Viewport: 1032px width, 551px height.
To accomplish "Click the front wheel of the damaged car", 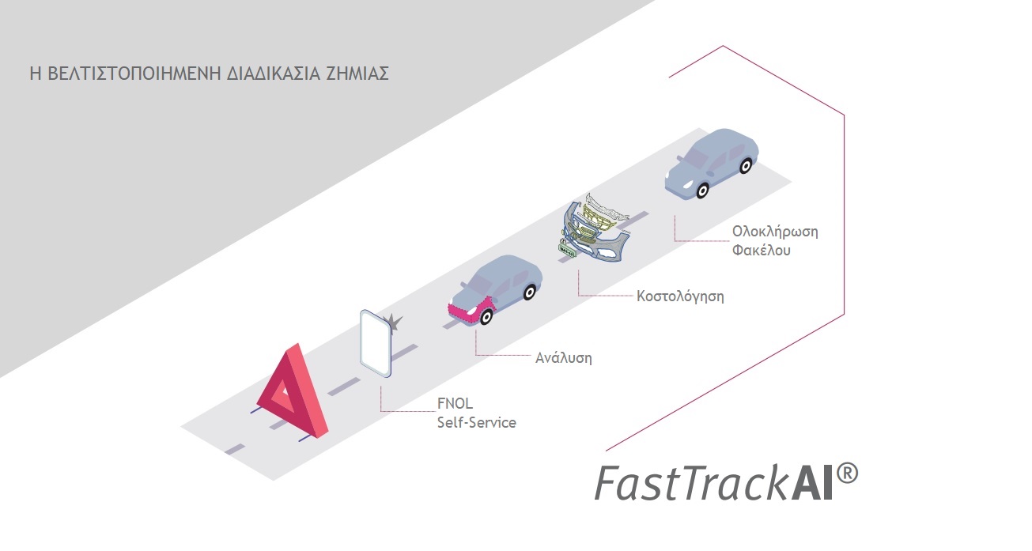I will (x=486, y=317).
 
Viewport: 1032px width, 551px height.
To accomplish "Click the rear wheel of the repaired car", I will (x=745, y=165).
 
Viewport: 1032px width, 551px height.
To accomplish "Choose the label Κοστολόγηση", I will (x=680, y=297).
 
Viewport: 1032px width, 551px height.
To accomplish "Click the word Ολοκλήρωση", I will (x=774, y=232).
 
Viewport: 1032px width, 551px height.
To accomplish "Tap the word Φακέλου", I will (x=762, y=251).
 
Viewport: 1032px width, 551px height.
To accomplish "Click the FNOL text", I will (x=456, y=403).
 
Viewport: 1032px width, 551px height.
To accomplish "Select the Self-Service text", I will (x=476, y=422).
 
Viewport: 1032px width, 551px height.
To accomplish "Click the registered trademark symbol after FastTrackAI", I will (x=845, y=474).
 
